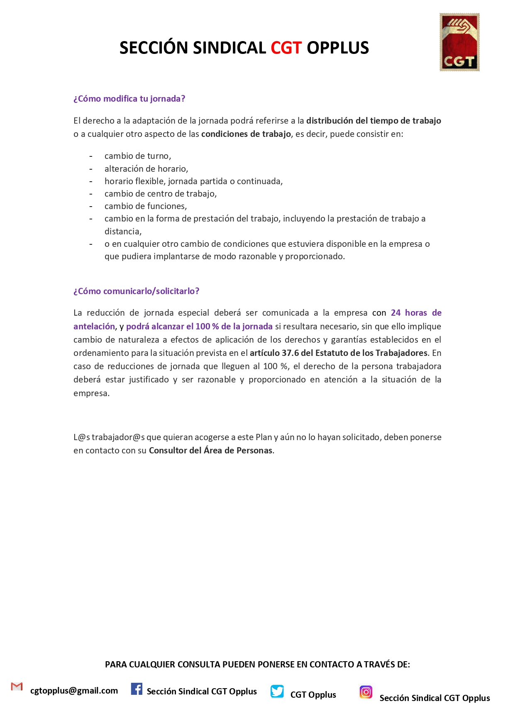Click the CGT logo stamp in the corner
pos(459,42)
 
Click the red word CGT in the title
pos(286,48)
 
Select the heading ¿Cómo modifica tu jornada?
pos(129,99)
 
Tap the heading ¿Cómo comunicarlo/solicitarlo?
pos(136,291)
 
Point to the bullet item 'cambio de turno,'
pos(138,156)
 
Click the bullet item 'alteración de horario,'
pos(146,169)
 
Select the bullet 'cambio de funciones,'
pos(146,206)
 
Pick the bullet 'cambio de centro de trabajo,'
pos(161,194)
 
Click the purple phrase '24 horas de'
pos(416,313)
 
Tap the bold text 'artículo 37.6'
pos(274,353)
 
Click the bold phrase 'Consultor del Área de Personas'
pos(210,450)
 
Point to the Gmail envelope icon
pos(17,687)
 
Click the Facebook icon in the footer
pos(137,689)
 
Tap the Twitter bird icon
pos(277,691)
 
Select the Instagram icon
pos(366,692)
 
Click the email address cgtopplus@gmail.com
pos(74,691)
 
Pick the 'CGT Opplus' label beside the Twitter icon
pos(313,695)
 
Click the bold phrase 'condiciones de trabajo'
pos(246,134)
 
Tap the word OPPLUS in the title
pos(337,48)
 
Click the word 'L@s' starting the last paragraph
pos(81,437)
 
